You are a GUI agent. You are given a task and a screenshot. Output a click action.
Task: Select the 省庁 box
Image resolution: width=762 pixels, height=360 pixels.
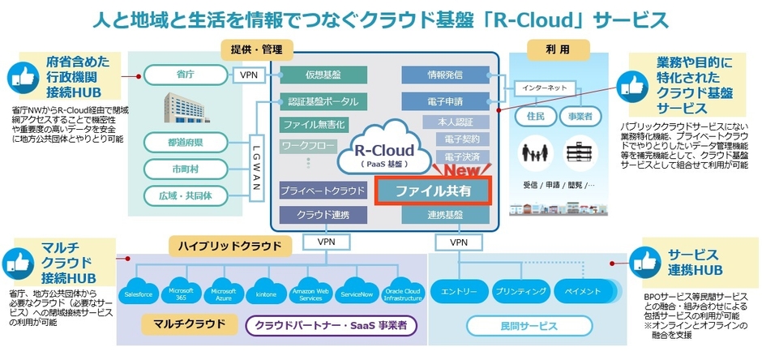click(x=184, y=75)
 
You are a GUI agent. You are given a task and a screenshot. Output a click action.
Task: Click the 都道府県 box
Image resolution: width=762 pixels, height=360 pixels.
click(x=184, y=143)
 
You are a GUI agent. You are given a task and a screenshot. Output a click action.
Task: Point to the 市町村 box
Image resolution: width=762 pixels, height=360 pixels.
click(x=184, y=169)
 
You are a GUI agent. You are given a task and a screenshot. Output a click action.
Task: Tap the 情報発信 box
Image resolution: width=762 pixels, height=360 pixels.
click(x=444, y=75)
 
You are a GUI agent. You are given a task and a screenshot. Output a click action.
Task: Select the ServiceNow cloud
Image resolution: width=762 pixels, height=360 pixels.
click(x=356, y=292)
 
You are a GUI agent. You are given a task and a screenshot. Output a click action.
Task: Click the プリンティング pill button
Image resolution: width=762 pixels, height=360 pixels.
click(x=518, y=291)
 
